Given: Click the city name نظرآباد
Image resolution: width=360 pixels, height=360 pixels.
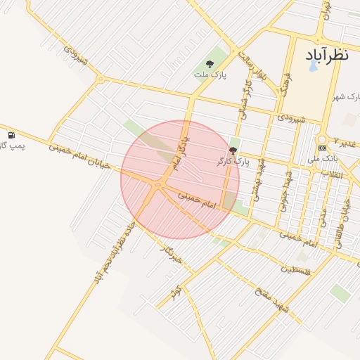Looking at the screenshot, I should [328, 56].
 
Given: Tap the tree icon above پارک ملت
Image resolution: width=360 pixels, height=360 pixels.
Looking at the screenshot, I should [210, 64].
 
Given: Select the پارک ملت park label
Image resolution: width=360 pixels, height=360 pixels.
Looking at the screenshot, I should [210, 75].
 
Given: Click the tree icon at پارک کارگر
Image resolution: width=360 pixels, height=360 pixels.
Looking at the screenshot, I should [233, 150].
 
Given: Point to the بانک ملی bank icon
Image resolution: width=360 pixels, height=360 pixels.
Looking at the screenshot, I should [322, 148].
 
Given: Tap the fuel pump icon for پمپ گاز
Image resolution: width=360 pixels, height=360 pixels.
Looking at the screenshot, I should [11, 135].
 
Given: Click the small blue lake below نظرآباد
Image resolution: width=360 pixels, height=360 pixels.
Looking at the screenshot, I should [313, 66].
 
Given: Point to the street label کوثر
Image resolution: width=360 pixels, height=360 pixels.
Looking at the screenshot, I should [175, 290].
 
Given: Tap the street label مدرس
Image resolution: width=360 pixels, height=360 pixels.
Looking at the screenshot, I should [323, 217].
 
